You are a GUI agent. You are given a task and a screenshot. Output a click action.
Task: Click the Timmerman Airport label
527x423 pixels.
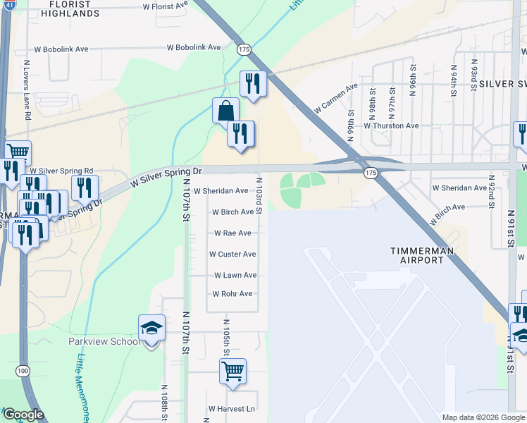421,255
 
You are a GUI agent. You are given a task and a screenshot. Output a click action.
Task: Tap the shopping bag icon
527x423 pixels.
225,111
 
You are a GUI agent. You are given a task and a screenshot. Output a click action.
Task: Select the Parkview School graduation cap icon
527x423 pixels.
151,328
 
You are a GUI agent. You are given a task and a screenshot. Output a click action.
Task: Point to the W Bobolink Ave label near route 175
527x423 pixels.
196,48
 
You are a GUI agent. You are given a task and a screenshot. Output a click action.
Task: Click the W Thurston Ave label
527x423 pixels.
391,125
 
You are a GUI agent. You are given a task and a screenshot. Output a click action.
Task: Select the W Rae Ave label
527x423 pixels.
232,233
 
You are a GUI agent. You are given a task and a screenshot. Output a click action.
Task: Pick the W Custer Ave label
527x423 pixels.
232,254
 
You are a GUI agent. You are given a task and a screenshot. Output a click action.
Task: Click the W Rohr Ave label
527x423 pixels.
232,293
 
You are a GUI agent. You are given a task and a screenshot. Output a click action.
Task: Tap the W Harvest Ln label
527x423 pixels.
231,409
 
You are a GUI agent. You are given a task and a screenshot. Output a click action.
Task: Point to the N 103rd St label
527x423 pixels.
259,197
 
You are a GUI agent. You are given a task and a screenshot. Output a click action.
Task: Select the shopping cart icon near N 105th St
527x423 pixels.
232,370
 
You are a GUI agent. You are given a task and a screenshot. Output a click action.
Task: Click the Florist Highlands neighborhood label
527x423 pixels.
69,8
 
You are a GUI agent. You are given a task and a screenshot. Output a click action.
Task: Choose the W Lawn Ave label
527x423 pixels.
235,275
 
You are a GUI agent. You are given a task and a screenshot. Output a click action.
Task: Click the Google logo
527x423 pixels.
23,415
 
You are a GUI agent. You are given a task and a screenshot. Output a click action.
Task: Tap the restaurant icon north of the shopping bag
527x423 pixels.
252,83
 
